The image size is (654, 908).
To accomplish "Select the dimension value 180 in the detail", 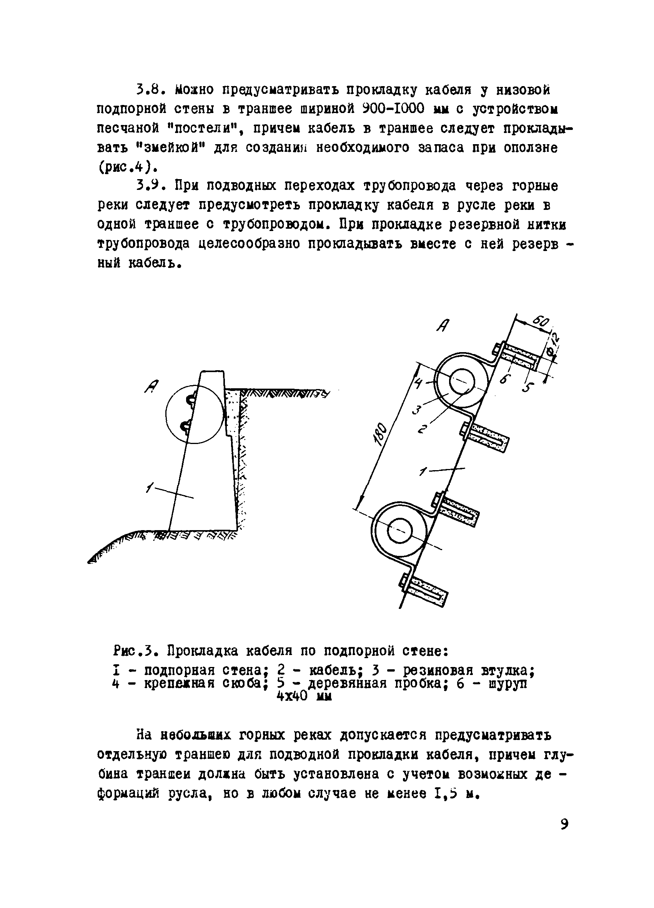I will point(381,434).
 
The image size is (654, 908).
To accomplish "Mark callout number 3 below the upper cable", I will point(416,409).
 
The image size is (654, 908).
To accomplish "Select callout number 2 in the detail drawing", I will point(423,429).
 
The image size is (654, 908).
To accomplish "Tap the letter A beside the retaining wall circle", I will point(152,386).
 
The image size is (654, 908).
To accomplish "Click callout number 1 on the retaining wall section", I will point(150,487).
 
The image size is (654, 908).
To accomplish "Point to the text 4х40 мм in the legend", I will point(305,696).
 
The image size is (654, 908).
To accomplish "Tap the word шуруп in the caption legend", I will point(508,683).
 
